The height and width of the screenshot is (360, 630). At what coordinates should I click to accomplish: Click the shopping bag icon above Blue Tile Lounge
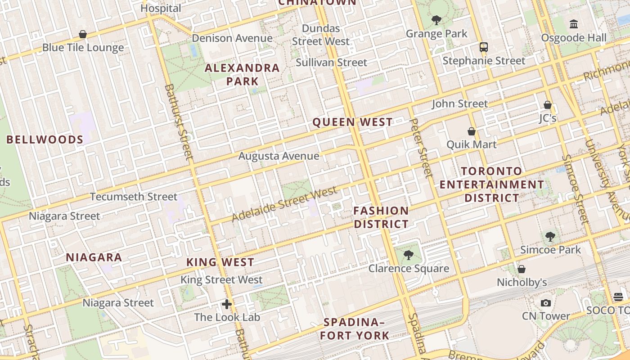tap(83, 34)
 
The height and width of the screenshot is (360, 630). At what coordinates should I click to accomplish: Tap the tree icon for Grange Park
tap(436, 20)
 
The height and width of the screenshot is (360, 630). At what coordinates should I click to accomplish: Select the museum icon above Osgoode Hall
tap(574, 24)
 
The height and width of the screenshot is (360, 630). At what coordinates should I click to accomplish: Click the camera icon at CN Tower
tap(546, 303)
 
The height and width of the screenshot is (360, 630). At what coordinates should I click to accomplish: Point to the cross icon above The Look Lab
tap(227, 304)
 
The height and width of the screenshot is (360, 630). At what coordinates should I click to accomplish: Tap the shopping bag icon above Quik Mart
tap(472, 131)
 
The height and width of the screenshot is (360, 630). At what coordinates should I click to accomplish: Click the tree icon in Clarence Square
tap(409, 255)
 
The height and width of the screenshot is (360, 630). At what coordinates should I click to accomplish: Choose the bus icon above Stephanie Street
tap(484, 47)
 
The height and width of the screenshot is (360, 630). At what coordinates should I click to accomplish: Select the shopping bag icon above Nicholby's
tap(522, 269)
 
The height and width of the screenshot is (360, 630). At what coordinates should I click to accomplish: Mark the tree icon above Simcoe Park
tap(550, 236)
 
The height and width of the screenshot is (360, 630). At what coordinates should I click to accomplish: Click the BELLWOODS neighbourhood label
tap(45, 139)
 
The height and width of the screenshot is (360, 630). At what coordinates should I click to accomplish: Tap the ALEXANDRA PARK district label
tap(242, 75)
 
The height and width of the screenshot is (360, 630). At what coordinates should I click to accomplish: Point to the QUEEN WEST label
tap(352, 122)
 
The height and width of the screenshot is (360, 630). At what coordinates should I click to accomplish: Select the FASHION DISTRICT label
tap(381, 217)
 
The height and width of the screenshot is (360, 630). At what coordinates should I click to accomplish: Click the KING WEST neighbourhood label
tap(220, 262)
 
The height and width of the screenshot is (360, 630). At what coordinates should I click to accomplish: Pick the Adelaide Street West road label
tap(284, 204)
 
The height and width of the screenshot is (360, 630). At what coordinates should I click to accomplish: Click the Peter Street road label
tap(422, 148)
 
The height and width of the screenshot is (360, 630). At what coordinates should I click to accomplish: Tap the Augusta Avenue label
tap(279, 156)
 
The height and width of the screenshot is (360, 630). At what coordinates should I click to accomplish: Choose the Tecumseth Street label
tap(134, 197)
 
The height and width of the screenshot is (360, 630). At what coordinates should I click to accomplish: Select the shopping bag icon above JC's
tap(548, 105)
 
